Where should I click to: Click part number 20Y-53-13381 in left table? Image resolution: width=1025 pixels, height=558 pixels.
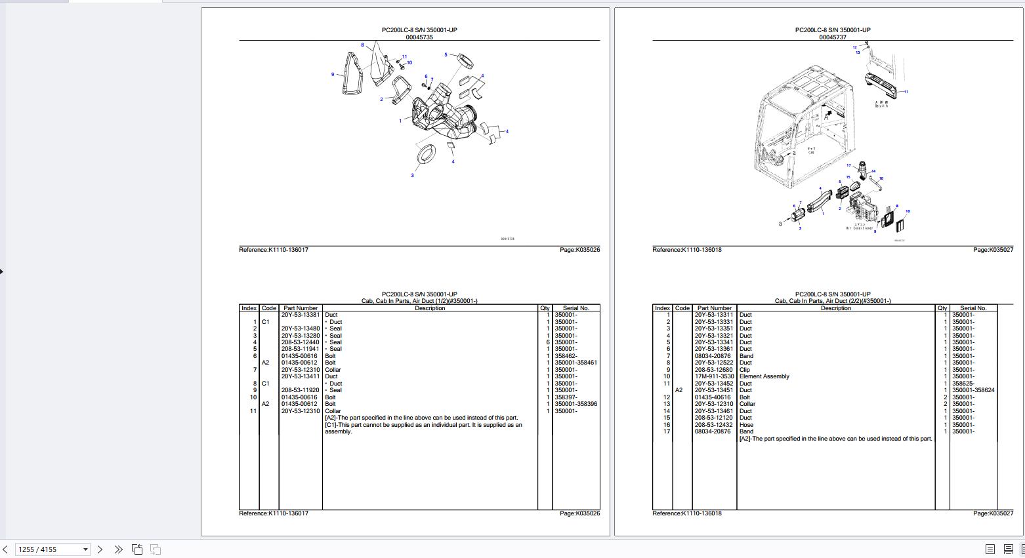pyautogui.click(x=301, y=315)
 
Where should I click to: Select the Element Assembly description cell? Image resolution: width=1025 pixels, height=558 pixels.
pyautogui.click(x=764, y=376)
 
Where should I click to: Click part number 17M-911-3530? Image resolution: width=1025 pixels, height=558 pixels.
pyautogui.click(x=714, y=376)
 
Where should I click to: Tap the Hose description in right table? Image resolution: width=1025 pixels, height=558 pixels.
pyautogui.click(x=746, y=425)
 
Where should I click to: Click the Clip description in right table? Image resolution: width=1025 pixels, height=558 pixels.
pyautogui.click(x=745, y=370)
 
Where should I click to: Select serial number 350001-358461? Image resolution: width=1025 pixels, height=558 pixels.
pyautogui.click(x=575, y=363)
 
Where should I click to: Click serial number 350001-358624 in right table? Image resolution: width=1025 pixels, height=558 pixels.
pyautogui.click(x=973, y=390)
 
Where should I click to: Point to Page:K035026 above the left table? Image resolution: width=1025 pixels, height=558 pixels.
pyautogui.click(x=579, y=250)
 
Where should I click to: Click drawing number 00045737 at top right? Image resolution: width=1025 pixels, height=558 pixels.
pyautogui.click(x=832, y=37)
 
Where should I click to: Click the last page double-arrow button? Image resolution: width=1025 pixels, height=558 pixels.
pyautogui.click(x=118, y=549)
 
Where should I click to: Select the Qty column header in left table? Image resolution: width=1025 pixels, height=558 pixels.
pyautogui.click(x=545, y=308)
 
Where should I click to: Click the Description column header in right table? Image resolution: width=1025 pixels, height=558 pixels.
pyautogui.click(x=835, y=308)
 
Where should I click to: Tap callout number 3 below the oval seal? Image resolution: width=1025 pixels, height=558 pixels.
pyautogui.click(x=412, y=175)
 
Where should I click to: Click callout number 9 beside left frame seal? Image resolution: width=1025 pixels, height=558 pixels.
pyautogui.click(x=333, y=75)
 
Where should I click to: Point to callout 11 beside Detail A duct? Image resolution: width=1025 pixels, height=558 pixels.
pyautogui.click(x=906, y=92)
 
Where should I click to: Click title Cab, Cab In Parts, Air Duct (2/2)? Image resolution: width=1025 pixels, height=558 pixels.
pyautogui.click(x=832, y=301)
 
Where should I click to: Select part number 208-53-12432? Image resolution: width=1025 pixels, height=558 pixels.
pyautogui.click(x=714, y=425)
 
